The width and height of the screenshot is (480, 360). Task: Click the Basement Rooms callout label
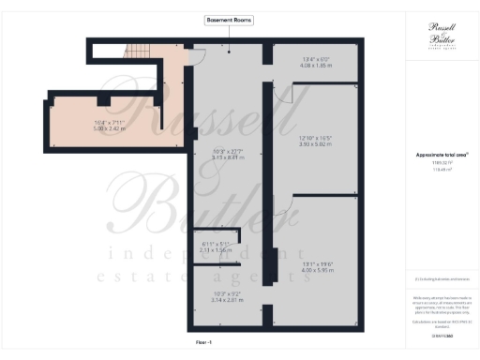click(x=228, y=20)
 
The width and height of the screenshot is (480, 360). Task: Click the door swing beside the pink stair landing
click(x=199, y=58)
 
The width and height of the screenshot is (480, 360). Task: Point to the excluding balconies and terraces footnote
click(x=442, y=278)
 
